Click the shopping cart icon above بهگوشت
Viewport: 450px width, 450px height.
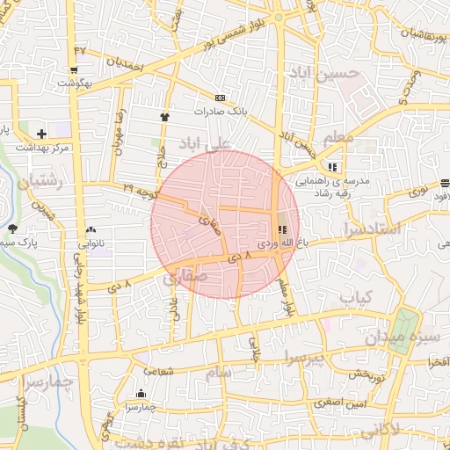point(76,69)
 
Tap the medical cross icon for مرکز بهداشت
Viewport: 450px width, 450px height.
point(41,133)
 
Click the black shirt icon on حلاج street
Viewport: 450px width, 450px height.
point(163,116)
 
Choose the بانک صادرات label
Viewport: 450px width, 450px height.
point(222,112)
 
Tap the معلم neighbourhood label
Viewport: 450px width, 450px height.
point(338,139)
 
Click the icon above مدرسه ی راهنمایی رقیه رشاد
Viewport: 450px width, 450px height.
point(331,167)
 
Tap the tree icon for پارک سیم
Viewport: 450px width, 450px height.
point(12,229)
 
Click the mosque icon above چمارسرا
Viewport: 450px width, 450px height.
point(141,393)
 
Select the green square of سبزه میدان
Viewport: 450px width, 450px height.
point(403,330)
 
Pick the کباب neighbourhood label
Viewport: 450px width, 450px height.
point(357,297)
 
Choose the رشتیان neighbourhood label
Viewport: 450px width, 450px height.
point(35,182)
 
